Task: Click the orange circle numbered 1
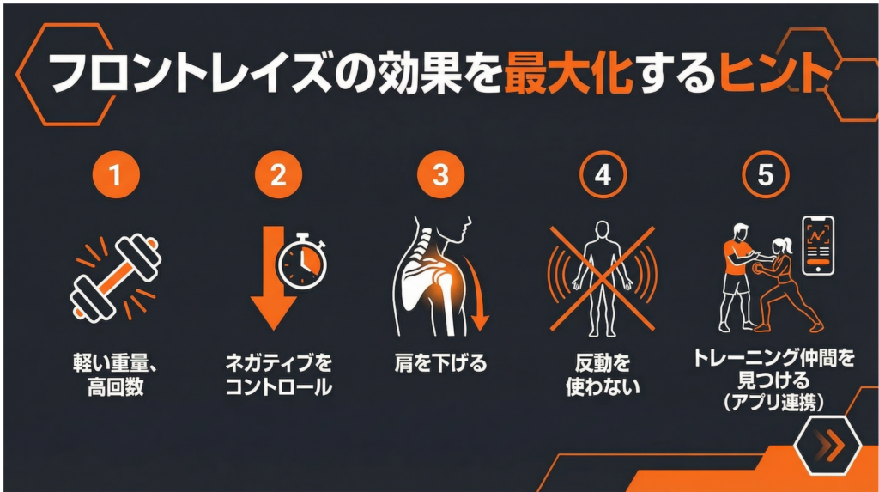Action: tap(116, 175)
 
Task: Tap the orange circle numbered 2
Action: tap(278, 175)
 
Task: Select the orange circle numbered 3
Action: tap(440, 175)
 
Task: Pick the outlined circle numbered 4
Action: tap(603, 175)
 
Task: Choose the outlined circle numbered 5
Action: tap(765, 175)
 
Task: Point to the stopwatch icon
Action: tap(302, 261)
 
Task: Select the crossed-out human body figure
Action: tap(602, 279)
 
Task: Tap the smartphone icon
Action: tap(818, 246)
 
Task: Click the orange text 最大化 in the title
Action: tap(568, 72)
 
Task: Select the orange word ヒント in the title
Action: tap(773, 72)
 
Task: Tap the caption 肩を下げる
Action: tap(440, 363)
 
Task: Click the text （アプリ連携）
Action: tap(773, 402)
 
